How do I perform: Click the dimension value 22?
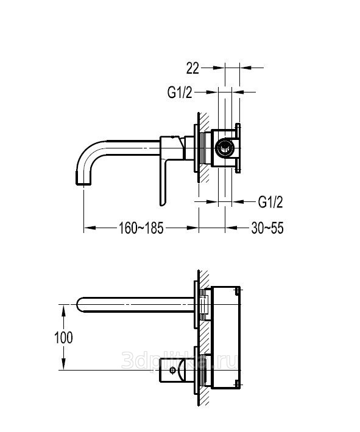[192, 68]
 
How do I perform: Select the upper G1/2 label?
[180, 92]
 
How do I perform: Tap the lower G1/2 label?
[270, 202]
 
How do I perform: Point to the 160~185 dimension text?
[141, 228]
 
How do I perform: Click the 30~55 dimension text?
[267, 228]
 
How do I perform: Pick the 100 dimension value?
[64, 338]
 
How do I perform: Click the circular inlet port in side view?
[226, 147]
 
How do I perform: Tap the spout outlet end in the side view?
[83, 183]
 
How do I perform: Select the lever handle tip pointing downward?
[162, 204]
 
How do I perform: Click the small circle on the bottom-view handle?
[172, 370]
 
